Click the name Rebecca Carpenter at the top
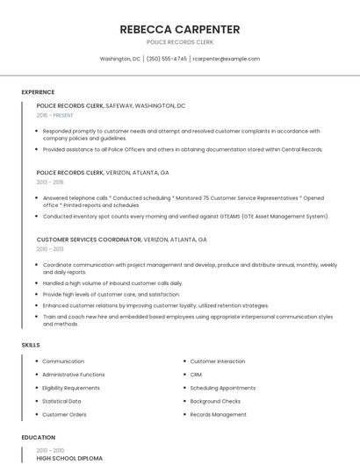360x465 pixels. pyautogui.click(x=179, y=29)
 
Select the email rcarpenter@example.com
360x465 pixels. pyautogui.click(x=227, y=59)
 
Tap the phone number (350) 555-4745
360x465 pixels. pyautogui.click(x=166, y=59)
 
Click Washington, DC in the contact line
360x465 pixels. pyautogui.click(x=120, y=59)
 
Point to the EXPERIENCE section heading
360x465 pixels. pyautogui.click(x=38, y=91)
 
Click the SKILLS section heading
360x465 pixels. pyautogui.click(x=31, y=345)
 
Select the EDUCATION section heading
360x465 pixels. pyautogui.click(x=39, y=437)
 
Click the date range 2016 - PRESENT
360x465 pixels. pyautogui.click(x=55, y=115)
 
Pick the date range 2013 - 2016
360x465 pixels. pyautogui.click(x=50, y=182)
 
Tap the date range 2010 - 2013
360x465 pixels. pyautogui.click(x=50, y=248)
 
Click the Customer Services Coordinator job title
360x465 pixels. pyautogui.click(x=89, y=239)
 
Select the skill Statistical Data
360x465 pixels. pyautogui.click(x=61, y=401)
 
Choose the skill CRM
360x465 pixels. pyautogui.click(x=196, y=375)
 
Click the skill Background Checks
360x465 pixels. pyautogui.click(x=215, y=401)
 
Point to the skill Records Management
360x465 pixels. pyautogui.click(x=218, y=414)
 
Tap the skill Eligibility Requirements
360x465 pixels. pyautogui.click(x=71, y=388)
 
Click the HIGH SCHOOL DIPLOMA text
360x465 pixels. pyautogui.click(x=69, y=458)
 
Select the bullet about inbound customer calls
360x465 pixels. pyautogui.click(x=112, y=283)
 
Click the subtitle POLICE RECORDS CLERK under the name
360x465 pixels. pyautogui.click(x=179, y=42)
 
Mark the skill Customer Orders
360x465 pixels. pyautogui.click(x=64, y=414)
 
